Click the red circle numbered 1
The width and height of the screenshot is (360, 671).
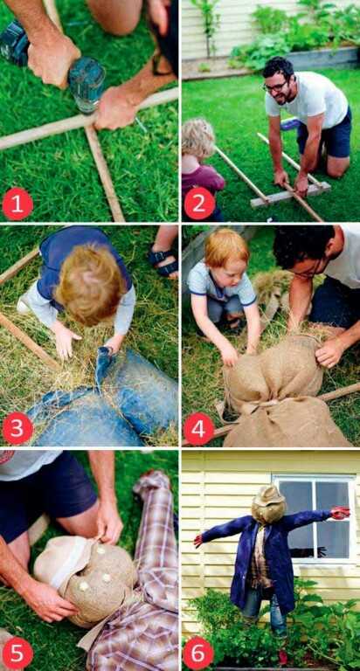click(x=17, y=204)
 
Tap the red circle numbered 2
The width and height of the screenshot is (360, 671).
click(x=198, y=204)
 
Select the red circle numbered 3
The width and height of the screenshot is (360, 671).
click(x=17, y=428)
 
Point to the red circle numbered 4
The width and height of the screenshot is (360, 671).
click(x=198, y=428)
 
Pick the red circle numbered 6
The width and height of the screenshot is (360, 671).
click(x=198, y=653)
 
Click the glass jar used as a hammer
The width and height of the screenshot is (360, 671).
click(x=87, y=84)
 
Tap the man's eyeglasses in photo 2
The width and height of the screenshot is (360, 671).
click(x=275, y=86)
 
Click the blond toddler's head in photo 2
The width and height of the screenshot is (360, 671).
click(x=197, y=140)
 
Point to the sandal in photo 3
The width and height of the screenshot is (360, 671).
click(x=163, y=260)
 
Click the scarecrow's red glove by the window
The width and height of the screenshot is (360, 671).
click(x=340, y=512)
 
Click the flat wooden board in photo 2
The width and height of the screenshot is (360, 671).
click(x=290, y=195)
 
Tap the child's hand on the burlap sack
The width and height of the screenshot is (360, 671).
click(x=230, y=355)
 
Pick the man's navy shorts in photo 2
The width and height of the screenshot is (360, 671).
click(x=325, y=135)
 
